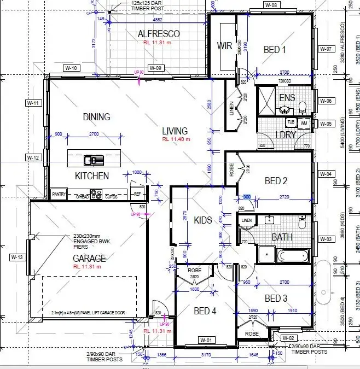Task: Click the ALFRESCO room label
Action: (159, 34)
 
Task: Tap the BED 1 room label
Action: (275, 50)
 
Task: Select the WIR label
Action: (225, 45)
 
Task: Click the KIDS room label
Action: (202, 220)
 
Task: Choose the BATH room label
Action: (282, 237)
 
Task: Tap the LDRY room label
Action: (285, 134)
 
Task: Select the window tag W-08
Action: (271, 5)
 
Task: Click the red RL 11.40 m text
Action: (176, 139)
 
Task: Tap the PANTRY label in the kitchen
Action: (59, 195)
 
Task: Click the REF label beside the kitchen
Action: (137, 194)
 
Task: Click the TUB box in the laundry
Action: (291, 122)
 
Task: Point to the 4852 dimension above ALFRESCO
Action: (157, 20)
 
